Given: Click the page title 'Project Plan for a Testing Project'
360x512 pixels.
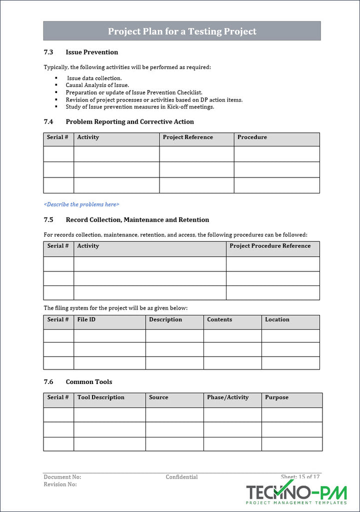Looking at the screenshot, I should tap(182, 31).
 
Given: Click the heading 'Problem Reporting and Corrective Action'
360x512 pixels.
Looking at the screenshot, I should tap(129, 122).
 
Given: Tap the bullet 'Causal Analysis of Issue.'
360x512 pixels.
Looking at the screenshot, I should tap(97, 85).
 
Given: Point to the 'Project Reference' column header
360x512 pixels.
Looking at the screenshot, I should tap(187, 137).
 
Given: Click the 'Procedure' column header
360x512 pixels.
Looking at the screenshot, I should tap(252, 137).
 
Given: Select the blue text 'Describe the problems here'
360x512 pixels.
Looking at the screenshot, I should tap(81, 204).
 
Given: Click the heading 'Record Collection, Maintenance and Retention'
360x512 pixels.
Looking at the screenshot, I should tap(137, 220).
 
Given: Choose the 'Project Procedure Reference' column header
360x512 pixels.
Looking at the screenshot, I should tap(270, 246).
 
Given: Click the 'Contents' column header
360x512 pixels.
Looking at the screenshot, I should tap(219, 319).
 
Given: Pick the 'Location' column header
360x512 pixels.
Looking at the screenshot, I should tap(277, 319).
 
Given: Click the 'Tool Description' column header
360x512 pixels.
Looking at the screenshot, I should tap(100, 397).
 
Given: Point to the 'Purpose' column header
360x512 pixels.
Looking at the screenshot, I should tap(276, 397).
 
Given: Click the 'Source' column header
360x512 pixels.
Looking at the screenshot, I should tap(158, 397).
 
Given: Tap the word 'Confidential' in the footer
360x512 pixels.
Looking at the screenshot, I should tap(181, 477).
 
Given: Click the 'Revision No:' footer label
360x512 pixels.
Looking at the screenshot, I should tap(60, 484).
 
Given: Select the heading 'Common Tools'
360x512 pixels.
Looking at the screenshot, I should tap(88, 382).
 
